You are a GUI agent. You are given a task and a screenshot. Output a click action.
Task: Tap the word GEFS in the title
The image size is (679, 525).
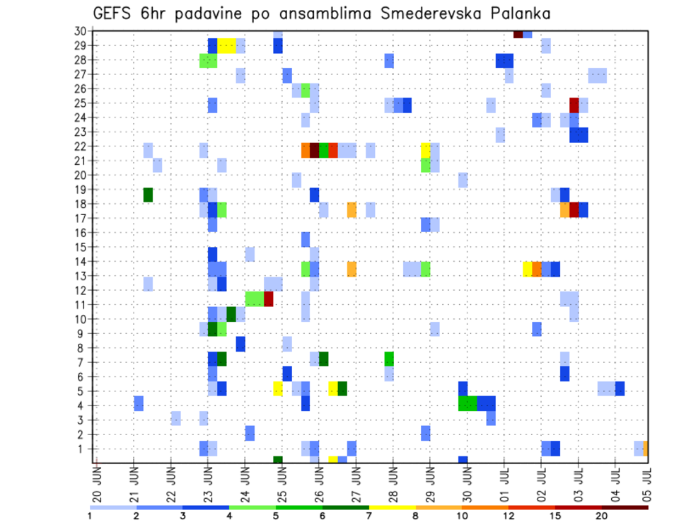tap(111, 13)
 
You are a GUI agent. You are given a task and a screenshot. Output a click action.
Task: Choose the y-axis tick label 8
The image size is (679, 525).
tap(83, 348)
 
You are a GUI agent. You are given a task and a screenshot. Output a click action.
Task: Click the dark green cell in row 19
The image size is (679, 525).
tap(148, 195)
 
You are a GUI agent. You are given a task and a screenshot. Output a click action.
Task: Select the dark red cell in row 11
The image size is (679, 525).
tap(269, 299)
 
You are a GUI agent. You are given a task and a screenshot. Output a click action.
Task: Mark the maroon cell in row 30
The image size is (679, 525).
tap(518, 34)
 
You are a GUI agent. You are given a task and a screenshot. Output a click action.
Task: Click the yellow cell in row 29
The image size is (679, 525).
tap(227, 45)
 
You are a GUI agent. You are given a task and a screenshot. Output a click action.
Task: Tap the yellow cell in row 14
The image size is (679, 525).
tap(528, 269)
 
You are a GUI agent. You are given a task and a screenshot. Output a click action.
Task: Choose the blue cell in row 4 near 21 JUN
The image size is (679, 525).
tap(139, 403)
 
